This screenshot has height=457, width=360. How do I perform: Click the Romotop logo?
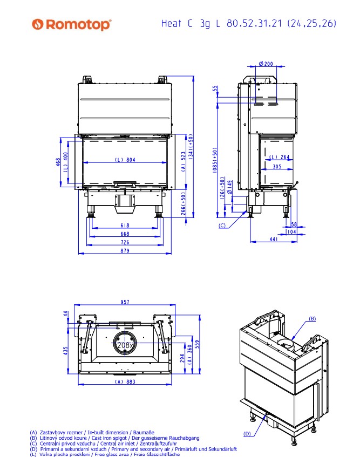tap(72, 24)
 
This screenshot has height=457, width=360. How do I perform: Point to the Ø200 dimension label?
tap(266, 64)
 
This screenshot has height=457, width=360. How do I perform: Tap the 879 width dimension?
tap(125, 250)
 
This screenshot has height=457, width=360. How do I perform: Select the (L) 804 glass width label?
tap(125, 160)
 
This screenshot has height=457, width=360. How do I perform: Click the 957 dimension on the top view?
tap(125, 303)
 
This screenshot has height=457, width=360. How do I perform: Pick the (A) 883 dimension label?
tap(124, 381)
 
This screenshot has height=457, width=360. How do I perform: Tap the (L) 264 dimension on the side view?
tap(279, 157)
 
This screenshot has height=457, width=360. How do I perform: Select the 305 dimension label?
tap(276, 167)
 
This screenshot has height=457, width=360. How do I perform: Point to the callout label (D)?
tap(247, 433)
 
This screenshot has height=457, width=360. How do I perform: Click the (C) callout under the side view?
tap(222, 226)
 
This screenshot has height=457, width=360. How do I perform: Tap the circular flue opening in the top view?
tap(125, 343)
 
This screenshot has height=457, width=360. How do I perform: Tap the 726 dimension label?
tap(125, 242)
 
